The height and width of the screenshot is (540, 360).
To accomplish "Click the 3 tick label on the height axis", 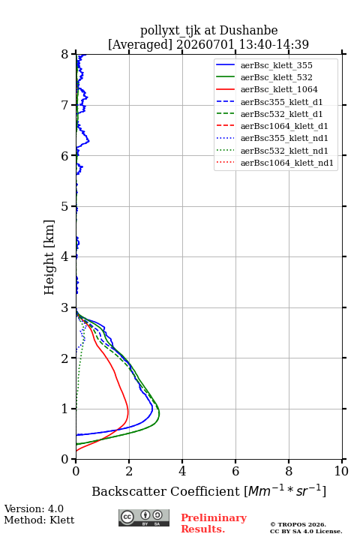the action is point(64,307).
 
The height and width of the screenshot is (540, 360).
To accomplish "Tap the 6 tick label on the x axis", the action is point(235,471).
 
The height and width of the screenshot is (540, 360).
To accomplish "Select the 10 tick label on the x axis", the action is point(341,471).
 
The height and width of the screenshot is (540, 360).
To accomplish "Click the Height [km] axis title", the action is point(49,257).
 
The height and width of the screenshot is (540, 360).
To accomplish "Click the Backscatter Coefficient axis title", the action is point(208,490).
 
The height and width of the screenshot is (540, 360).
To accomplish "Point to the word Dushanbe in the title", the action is point(249,30).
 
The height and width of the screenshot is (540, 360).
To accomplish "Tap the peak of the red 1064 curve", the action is point(128,410).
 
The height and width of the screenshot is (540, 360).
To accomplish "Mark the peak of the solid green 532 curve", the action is point(159,412).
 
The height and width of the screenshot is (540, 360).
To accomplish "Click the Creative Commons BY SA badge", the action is point(144,517).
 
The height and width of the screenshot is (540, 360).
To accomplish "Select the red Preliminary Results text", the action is point(214,523).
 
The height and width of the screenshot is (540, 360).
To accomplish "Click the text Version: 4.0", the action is point(34,508).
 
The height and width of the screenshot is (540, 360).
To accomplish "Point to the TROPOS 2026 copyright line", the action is point(298,524).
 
